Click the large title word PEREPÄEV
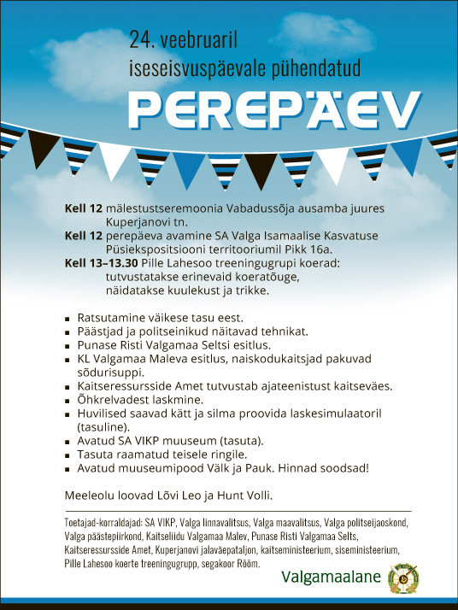(x=274, y=107)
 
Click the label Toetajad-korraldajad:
(x=104, y=520)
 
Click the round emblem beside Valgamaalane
(x=402, y=578)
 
